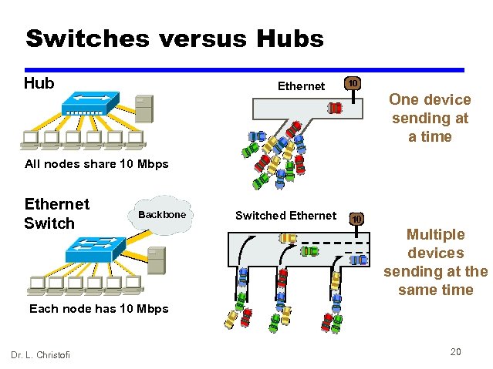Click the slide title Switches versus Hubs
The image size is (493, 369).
click(174, 39)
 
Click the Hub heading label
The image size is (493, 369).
click(39, 82)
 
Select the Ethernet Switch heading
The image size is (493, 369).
click(57, 213)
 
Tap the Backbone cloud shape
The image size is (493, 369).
click(161, 214)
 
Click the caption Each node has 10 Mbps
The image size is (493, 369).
click(98, 309)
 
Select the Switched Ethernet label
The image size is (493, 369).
click(285, 216)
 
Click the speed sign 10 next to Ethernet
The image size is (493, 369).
click(351, 83)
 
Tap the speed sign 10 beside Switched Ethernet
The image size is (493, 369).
click(355, 219)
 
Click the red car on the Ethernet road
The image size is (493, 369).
click(336, 108)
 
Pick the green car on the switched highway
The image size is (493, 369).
click(309, 251)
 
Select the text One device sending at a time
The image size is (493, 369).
click(430, 118)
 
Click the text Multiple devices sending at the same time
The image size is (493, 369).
click(435, 262)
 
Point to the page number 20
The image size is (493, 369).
click(455, 351)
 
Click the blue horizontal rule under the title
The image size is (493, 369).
click(245, 69)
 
